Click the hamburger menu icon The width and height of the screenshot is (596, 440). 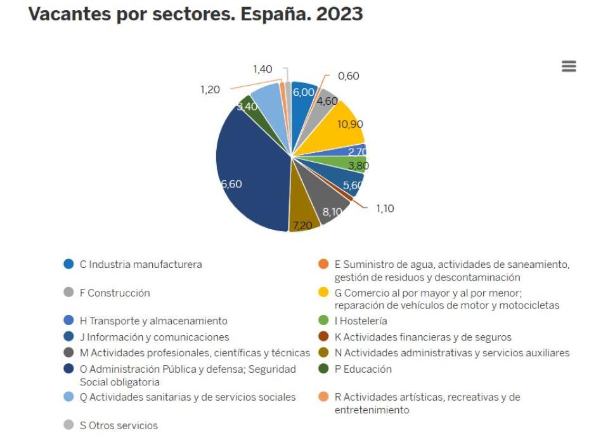point(569,67)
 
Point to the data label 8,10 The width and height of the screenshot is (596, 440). point(332,212)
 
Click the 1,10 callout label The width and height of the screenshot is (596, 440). point(384,208)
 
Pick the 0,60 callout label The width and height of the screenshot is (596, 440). point(348,76)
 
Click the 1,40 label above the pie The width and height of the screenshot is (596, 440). point(262,69)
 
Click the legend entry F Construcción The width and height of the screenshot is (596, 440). point(114,293)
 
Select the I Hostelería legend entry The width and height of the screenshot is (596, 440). point(360,321)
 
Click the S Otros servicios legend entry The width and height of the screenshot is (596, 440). point(118,425)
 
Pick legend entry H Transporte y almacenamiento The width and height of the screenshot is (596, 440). point(153,321)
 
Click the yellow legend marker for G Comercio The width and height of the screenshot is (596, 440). point(323,293)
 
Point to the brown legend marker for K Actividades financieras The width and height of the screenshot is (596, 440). point(323,337)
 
